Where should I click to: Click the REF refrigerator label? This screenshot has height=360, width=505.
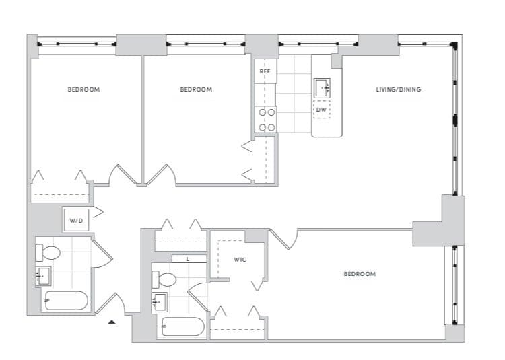tap(265, 71)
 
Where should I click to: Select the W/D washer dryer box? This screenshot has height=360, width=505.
tap(75, 220)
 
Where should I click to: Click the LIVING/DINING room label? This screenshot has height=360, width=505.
tap(399, 89)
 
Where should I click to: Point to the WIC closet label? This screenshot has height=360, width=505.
tap(240, 259)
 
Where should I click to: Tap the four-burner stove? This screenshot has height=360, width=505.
tap(266, 119)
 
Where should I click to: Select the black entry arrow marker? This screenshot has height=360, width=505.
tap(112, 322)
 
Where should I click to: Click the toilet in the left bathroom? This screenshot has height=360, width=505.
tap(48, 253)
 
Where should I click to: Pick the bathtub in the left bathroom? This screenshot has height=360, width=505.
tap(65, 301)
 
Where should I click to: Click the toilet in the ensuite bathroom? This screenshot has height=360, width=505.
tap(164, 279)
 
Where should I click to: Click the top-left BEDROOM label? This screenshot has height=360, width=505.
tap(83, 89)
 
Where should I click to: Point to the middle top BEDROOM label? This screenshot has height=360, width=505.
tap(196, 89)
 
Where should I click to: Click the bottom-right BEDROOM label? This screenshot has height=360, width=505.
tap(360, 274)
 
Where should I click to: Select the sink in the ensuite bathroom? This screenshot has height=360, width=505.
tap(160, 301)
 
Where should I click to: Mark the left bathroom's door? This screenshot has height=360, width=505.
tap(102, 254)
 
